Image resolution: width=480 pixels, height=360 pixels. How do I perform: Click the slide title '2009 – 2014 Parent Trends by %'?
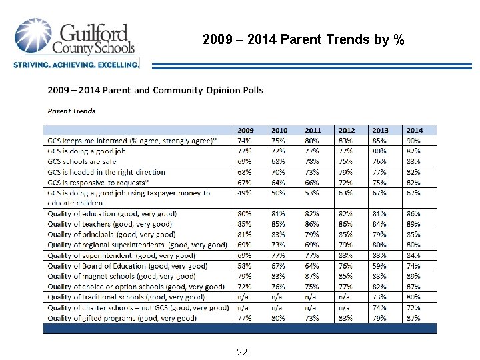(x=303, y=40)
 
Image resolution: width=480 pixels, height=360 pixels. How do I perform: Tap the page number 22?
(x=242, y=352)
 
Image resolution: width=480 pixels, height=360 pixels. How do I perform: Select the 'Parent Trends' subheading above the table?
(x=71, y=111)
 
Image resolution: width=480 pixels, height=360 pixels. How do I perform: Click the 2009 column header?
(x=246, y=130)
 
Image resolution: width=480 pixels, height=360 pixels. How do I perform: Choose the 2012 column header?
(x=347, y=130)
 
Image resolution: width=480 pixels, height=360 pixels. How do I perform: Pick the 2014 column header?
(x=414, y=130)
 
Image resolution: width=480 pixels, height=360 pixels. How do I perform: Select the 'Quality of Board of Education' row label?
(x=127, y=266)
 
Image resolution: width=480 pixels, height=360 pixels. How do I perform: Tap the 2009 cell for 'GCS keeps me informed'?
(x=245, y=141)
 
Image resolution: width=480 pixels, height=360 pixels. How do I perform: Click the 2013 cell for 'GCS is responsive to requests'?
(x=379, y=183)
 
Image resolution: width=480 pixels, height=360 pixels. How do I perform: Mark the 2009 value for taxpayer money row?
(x=245, y=193)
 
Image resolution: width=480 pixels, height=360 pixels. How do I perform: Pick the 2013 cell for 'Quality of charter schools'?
(x=379, y=308)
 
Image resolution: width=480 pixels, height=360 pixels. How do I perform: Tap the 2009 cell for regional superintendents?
(x=245, y=245)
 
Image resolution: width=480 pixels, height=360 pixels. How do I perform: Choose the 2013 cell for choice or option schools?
(x=379, y=287)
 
